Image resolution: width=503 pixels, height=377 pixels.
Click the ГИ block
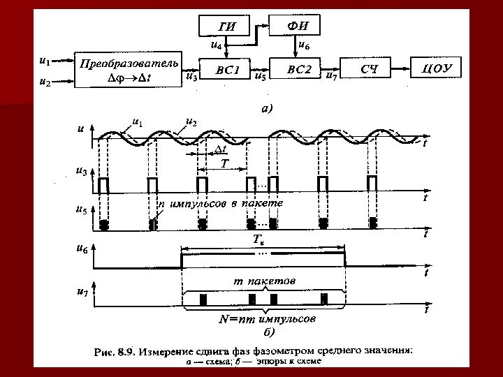(x=228, y=28)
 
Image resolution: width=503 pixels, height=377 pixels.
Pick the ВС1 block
(x=228, y=70)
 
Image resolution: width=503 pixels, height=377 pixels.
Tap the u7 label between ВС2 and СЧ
(x=333, y=76)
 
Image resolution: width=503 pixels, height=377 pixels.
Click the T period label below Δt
(x=224, y=163)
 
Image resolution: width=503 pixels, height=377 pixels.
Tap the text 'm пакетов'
(x=263, y=279)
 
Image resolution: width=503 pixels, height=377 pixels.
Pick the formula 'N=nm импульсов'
(x=266, y=320)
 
